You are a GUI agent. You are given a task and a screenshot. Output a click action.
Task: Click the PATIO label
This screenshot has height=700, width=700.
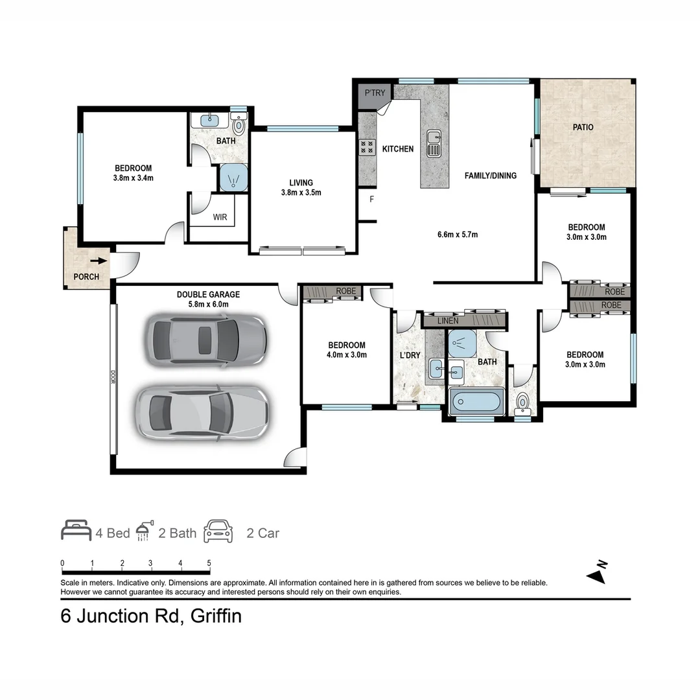point(583,127)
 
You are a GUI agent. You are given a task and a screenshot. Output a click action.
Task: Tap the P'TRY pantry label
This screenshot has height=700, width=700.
point(375,93)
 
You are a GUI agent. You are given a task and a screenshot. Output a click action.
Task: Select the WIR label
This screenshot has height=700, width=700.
point(220,217)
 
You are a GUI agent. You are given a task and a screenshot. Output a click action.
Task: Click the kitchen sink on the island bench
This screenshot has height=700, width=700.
point(434,143)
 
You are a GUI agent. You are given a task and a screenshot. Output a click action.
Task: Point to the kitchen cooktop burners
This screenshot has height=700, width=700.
point(367,147)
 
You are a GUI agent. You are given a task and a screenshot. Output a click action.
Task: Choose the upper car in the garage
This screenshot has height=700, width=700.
point(206,341)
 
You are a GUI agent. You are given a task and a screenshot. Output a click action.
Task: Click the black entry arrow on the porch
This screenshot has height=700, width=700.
point(99,261)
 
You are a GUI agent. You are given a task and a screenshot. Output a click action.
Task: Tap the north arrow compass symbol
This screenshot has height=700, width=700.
point(597,573)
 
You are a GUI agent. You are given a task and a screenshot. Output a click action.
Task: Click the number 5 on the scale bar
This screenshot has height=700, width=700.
point(209,563)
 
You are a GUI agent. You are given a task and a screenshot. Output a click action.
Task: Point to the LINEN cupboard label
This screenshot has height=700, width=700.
point(448,321)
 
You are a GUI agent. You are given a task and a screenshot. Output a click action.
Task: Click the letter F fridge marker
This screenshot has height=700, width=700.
point(371,199)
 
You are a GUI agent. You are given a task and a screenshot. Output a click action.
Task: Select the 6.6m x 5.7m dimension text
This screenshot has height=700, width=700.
point(458,235)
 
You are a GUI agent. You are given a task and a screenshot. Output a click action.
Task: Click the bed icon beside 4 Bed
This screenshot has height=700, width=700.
point(76,530)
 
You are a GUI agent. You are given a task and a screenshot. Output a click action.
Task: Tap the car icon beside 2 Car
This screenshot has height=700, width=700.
point(218,531)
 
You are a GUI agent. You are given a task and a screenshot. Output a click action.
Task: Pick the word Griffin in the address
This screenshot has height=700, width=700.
point(216,616)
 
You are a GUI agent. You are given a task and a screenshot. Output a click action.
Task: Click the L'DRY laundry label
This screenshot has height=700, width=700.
point(410,355)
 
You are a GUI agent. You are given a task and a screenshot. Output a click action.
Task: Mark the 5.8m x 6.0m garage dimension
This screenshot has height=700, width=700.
point(209,305)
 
